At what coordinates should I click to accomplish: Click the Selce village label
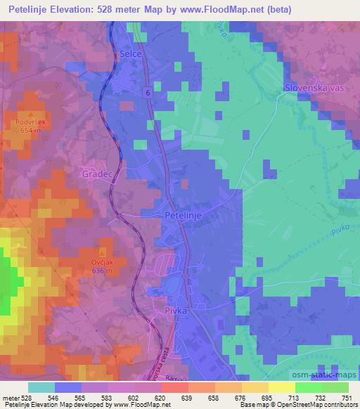(x=131, y=53)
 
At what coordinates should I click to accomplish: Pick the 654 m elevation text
(x=32, y=130)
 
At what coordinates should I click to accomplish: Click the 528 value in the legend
(x=27, y=398)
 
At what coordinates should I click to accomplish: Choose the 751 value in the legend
(x=345, y=398)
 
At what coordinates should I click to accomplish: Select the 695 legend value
(x=266, y=398)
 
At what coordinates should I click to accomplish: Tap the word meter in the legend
(x=11, y=398)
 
